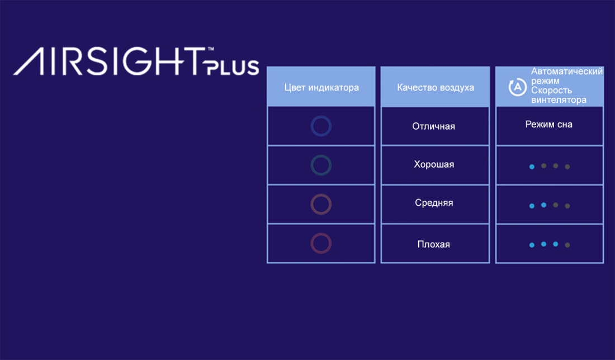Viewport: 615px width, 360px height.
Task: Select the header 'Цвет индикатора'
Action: click(x=321, y=87)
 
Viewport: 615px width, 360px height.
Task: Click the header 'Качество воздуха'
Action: click(x=436, y=87)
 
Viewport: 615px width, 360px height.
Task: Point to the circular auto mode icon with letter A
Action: click(x=517, y=87)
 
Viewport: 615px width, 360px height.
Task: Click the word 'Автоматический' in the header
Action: click(x=567, y=72)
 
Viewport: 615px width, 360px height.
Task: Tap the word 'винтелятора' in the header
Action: click(x=559, y=100)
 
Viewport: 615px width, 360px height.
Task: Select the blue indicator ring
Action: click(x=321, y=116)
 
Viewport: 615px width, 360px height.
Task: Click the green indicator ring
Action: click(x=321, y=155)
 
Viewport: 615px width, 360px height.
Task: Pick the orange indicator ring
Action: click(x=321, y=194)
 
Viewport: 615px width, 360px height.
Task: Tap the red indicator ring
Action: click(x=321, y=233)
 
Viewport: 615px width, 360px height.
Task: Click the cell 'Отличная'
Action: click(x=433, y=126)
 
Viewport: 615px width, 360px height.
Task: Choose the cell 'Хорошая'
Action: click(x=434, y=164)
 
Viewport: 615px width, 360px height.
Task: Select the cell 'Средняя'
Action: click(x=434, y=203)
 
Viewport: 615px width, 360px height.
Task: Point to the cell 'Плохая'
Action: click(x=433, y=244)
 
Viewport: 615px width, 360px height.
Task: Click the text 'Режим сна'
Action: click(x=548, y=124)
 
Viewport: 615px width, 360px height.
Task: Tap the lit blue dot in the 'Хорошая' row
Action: click(x=532, y=167)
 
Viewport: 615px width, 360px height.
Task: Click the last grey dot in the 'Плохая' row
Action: click(x=567, y=245)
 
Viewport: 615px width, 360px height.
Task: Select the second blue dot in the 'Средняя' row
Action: click(x=543, y=205)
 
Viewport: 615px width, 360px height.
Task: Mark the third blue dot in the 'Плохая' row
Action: click(x=555, y=244)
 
